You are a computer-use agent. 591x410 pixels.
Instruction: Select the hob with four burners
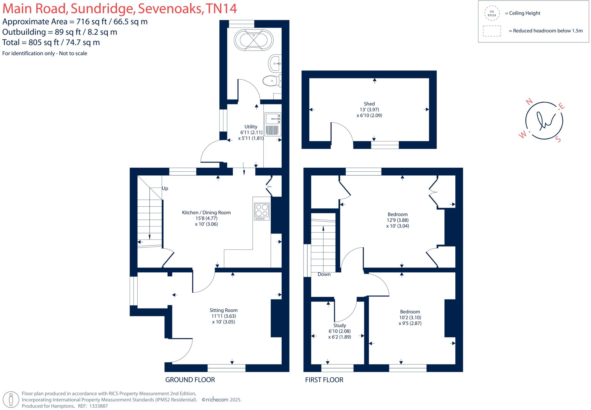click(262, 211)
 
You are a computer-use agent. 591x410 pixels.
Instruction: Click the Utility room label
click(251, 127)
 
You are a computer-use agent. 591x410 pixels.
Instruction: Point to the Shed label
click(369, 104)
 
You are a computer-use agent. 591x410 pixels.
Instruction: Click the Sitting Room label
click(223, 310)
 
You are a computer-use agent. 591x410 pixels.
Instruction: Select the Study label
click(340, 325)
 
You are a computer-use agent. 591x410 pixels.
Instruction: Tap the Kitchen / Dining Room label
click(206, 213)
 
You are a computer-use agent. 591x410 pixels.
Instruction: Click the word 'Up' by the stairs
click(165, 188)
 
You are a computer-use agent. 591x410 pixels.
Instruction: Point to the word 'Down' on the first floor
click(324, 274)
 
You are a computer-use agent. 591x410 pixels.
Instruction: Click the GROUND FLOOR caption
click(190, 380)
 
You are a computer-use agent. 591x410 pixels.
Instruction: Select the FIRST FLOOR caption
click(324, 380)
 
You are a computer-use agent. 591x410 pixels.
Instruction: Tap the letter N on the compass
click(529, 102)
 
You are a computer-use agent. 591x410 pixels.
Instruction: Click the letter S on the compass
click(558, 139)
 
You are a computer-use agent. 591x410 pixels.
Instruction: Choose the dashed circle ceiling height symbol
click(492, 13)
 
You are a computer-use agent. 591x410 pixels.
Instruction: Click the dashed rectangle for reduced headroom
click(492, 31)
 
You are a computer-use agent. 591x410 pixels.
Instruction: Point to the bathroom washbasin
click(275, 63)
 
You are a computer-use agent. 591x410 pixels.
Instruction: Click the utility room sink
click(272, 119)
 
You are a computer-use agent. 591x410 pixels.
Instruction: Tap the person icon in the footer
click(11, 400)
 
